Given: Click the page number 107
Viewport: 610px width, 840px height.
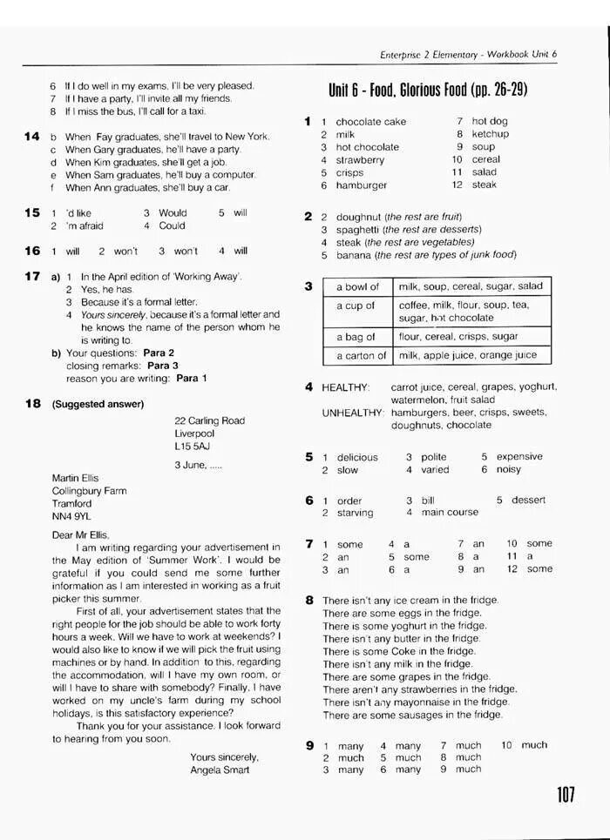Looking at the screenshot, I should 564,795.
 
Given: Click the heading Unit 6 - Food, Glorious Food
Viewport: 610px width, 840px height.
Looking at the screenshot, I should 428,91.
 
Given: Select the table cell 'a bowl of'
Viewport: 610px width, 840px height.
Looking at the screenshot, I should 357,286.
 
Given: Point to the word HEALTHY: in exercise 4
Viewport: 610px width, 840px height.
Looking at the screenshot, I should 346,386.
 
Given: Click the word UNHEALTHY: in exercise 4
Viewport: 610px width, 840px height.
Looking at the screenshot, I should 352,413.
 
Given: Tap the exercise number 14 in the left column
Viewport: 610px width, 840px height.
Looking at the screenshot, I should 32,137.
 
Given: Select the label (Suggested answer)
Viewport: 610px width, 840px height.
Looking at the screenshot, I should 98,404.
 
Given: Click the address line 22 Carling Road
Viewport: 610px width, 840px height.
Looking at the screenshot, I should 209,420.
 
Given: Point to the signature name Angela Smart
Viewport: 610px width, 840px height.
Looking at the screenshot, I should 220,769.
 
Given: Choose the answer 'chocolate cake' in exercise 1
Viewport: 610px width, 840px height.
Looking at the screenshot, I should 370,122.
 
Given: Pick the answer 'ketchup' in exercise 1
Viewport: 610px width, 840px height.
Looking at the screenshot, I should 490,134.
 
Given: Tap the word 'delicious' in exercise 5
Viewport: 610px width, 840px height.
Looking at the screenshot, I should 357,457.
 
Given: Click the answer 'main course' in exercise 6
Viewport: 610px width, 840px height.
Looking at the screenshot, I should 451,513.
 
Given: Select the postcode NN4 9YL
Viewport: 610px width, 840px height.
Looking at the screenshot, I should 71,516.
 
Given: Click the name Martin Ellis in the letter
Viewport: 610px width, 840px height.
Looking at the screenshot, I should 76,478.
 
